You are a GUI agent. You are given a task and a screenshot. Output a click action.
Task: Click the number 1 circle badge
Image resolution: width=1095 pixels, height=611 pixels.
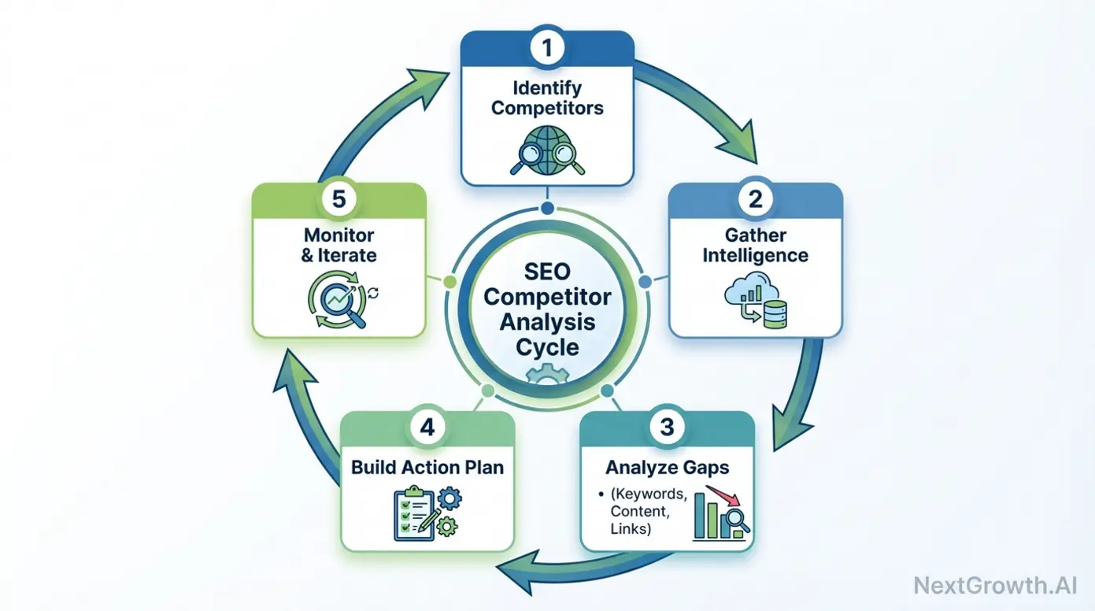[547, 48]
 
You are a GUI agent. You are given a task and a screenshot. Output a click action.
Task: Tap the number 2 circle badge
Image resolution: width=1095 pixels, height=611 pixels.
[755, 199]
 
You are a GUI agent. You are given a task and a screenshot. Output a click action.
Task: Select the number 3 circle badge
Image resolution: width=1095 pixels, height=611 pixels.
[667, 428]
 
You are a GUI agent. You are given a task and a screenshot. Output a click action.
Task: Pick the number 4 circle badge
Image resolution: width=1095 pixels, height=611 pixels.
[427, 428]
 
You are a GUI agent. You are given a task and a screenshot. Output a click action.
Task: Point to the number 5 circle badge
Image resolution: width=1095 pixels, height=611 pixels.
[338, 199]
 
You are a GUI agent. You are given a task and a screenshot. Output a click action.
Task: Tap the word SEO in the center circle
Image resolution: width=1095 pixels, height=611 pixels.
[547, 273]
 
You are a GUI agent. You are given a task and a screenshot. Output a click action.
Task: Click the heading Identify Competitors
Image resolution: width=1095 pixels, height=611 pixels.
[547, 97]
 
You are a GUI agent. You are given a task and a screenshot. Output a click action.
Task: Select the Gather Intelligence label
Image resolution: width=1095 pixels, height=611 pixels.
[755, 246]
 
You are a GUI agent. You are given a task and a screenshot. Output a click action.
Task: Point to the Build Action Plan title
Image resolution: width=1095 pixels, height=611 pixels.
[427, 467]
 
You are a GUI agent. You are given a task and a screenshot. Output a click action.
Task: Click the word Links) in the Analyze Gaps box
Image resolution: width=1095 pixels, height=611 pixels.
[631, 529]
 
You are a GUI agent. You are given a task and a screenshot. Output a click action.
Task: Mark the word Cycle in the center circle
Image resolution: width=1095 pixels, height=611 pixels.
[547, 346]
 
